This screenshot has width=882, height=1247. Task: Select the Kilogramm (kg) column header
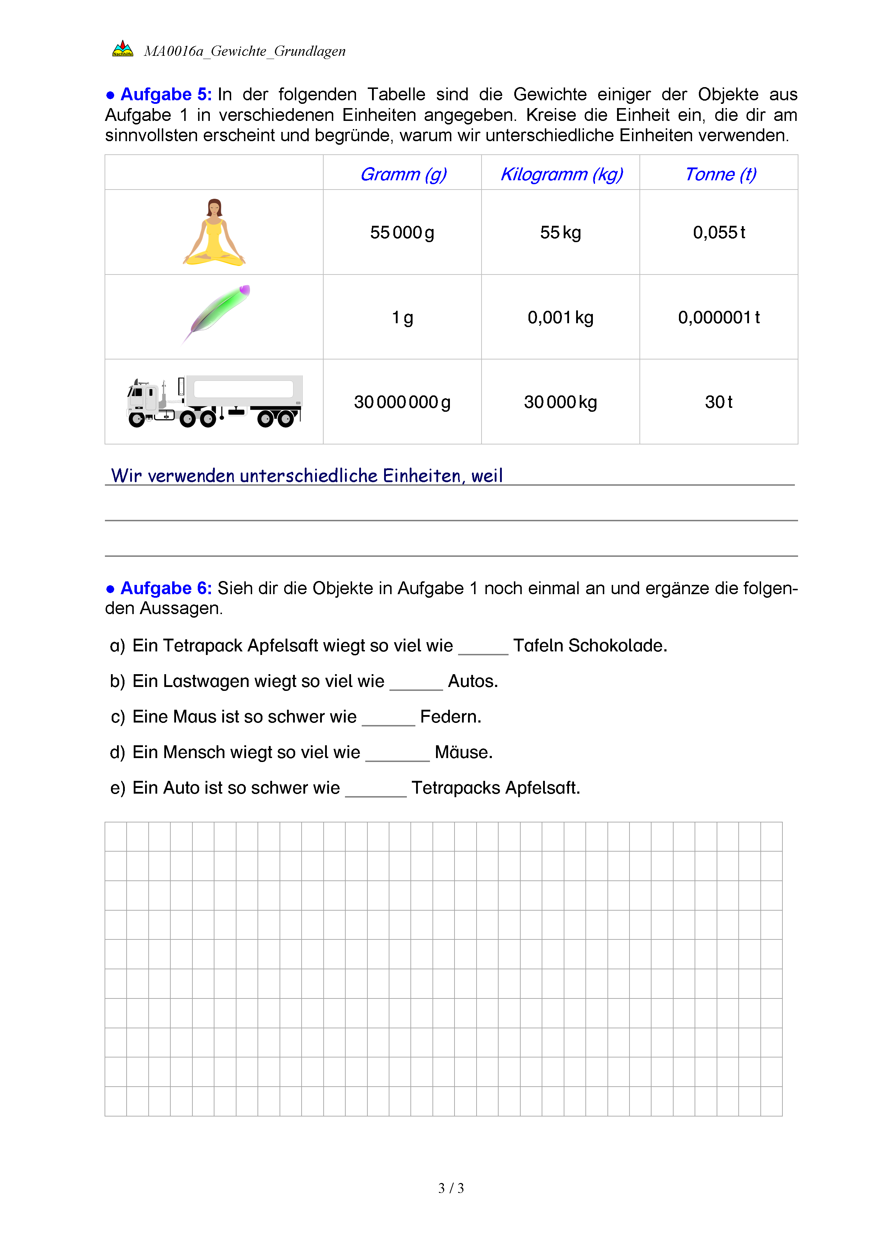point(561,174)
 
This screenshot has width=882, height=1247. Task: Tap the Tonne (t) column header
point(720,174)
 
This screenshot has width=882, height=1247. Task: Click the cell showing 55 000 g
point(402,233)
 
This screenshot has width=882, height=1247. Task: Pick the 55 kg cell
point(560,233)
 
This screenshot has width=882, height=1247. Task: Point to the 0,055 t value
point(718,233)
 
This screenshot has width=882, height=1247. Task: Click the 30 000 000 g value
point(402,402)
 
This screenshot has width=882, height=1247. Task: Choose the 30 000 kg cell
point(560,402)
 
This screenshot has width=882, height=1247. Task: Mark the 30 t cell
point(718,402)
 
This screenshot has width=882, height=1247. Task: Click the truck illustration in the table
point(214,402)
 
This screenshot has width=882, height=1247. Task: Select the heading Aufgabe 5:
point(166,95)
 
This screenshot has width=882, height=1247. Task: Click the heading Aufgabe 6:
point(166,588)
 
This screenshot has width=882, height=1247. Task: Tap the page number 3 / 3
point(451,1188)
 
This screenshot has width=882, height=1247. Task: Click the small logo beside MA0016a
point(123,49)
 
